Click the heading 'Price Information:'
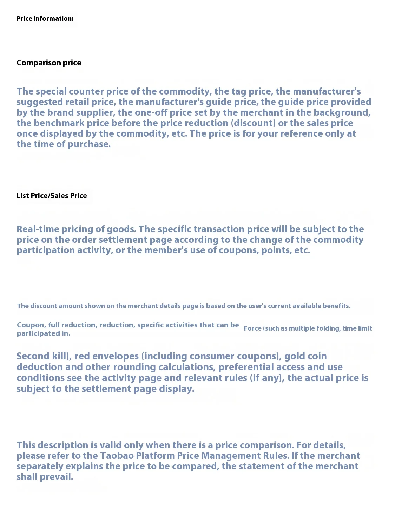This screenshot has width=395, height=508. click(45, 19)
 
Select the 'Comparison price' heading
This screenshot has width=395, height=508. click(49, 63)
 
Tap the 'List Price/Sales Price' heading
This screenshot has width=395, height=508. click(52, 196)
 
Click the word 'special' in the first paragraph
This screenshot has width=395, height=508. click(51, 91)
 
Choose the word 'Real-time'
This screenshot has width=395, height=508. click(38, 229)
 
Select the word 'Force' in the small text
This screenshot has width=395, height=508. click(252, 328)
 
